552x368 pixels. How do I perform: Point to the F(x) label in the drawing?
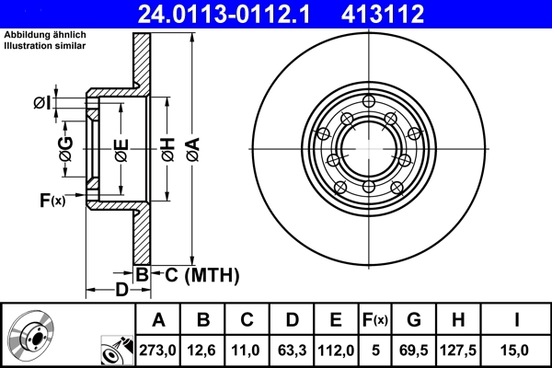click(52, 200)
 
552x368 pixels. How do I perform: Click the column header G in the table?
click(413, 320)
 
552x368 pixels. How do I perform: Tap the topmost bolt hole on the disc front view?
click(368, 102)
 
